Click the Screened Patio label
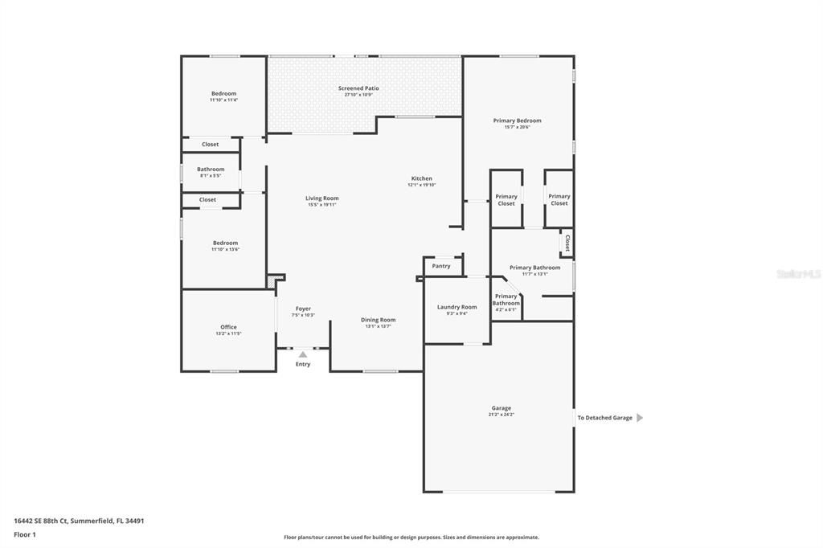[x=358, y=88]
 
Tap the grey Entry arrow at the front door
[x=303, y=354]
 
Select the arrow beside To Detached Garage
[x=640, y=418]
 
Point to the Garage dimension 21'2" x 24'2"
[x=501, y=415]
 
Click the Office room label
[x=228, y=327]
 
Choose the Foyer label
[x=303, y=309]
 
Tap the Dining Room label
[x=378, y=320]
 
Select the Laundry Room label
[x=457, y=307]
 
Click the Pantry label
[x=441, y=266]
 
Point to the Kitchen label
[x=422, y=178]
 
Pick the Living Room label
[x=321, y=198]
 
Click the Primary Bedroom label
[x=517, y=121]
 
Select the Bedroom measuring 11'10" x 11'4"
[x=223, y=94]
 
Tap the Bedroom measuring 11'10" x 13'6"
[x=225, y=243]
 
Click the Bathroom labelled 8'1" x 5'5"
[x=211, y=170]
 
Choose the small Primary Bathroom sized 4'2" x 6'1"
[x=506, y=300]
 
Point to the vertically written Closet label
[x=567, y=243]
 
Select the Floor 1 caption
[x=25, y=534]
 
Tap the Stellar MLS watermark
[x=798, y=274]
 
